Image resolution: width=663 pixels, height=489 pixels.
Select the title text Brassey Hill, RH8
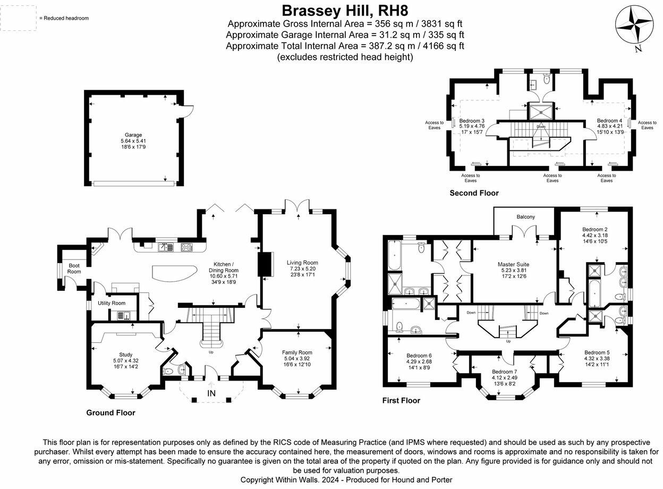345,10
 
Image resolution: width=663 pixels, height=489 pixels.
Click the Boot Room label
74,268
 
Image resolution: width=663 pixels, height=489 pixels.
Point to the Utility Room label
112,303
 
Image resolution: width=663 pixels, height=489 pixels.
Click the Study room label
125,355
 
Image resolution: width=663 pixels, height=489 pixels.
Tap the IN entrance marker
211,393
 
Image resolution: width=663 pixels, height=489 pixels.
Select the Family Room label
297,352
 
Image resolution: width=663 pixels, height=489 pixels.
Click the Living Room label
302,263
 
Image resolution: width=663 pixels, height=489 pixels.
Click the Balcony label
525,217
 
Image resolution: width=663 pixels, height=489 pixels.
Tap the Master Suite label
513,264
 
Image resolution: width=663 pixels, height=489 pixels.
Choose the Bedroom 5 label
597,352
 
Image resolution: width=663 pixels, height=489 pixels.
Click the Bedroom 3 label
472,121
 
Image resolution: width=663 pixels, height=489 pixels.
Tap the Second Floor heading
474,193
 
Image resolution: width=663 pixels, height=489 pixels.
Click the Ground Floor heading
110,412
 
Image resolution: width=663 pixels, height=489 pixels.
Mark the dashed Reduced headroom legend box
19,18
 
